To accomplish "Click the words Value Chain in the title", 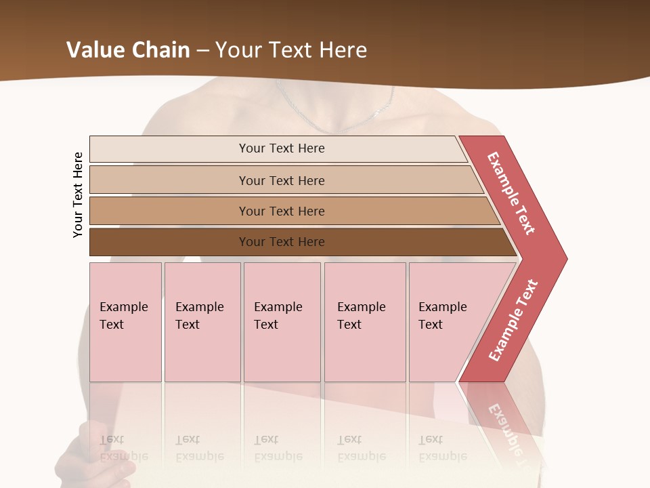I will (128, 49).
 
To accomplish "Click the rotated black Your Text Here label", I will (78, 195).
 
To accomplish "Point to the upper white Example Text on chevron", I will (511, 193).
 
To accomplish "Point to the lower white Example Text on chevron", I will (513, 321).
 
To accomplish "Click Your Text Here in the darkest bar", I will (282, 242).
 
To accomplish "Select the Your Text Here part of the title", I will (291, 49).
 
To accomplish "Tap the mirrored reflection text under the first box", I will (123, 448).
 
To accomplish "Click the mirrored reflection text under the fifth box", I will (442, 448).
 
